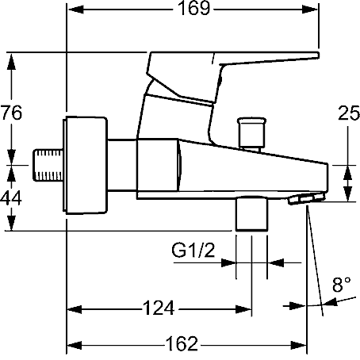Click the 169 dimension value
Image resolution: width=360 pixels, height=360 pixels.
pos(194,9)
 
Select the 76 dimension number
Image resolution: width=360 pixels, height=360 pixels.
pos(11,113)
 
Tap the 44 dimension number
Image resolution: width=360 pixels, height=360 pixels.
pos(11,198)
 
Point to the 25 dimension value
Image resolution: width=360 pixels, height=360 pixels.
pos(349,113)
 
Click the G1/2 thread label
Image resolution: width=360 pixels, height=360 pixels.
pos(193,251)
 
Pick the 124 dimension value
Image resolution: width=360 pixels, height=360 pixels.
pos(159,308)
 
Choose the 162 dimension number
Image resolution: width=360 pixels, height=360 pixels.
pos(182,343)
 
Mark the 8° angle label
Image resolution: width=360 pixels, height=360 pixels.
pos(342,285)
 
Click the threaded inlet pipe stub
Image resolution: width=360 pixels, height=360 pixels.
pos(48,165)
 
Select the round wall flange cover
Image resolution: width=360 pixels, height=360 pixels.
pos(85,165)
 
